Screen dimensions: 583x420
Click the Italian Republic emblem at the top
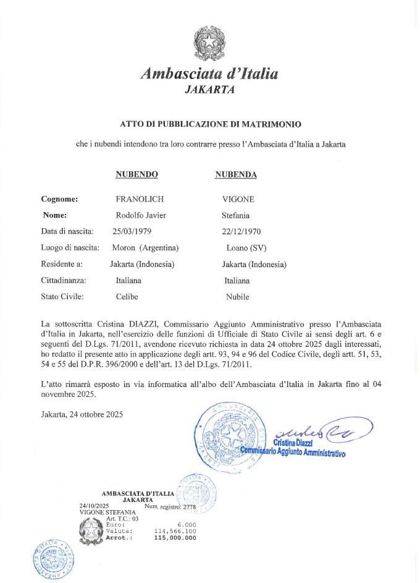click(x=209, y=42)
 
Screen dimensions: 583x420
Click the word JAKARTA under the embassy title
click(x=209, y=90)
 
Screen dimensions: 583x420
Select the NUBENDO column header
click(x=136, y=174)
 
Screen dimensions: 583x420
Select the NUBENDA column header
click(x=236, y=174)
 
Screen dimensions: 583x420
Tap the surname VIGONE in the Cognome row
click(x=238, y=199)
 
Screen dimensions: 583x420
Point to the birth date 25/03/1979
click(x=132, y=231)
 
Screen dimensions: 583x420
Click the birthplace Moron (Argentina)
click(x=145, y=248)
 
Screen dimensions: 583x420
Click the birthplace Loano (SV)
click(x=246, y=248)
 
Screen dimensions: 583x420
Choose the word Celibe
click(x=127, y=297)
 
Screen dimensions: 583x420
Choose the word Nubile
click(x=238, y=297)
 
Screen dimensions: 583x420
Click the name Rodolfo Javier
click(x=141, y=215)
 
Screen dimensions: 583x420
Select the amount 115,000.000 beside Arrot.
click(x=175, y=538)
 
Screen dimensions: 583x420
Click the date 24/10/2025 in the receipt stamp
click(x=89, y=506)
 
